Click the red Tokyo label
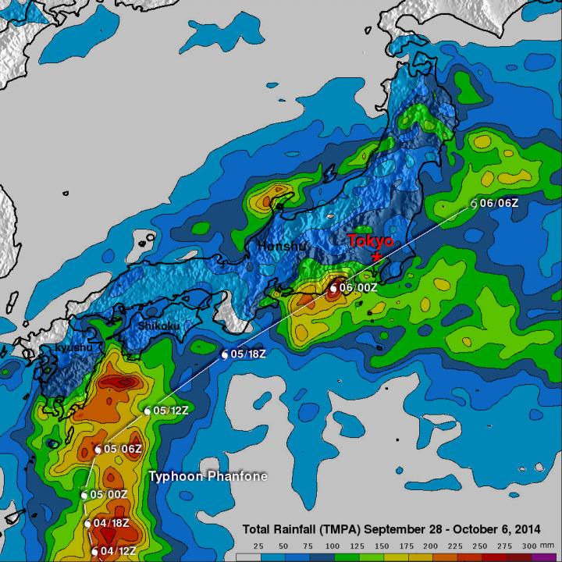372,240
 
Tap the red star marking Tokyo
378,256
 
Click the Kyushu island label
73,347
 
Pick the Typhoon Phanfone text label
208,476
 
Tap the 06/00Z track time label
360,288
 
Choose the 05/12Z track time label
173,411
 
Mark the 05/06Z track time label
122,449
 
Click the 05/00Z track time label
108,495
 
